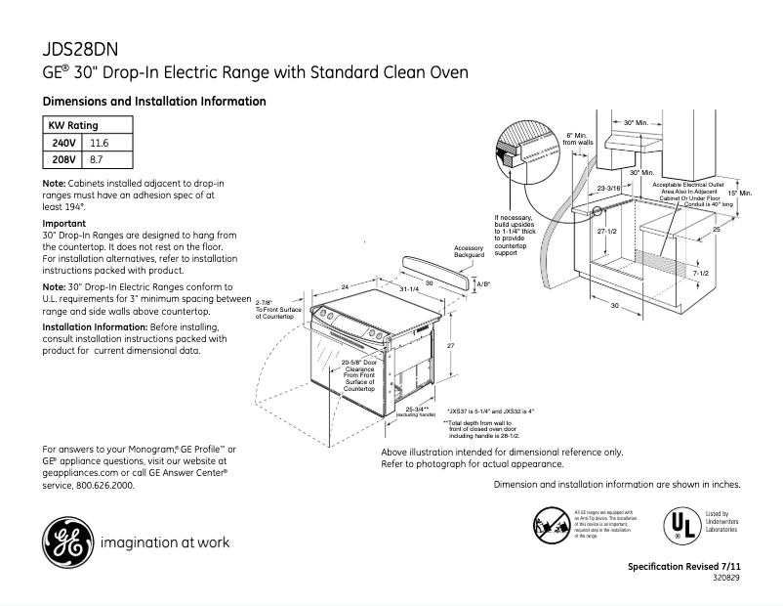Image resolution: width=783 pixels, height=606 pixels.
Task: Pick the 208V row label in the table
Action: coord(64,158)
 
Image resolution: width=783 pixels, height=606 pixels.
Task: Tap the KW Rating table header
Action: coord(73,126)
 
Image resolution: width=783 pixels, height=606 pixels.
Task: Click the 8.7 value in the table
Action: coord(97,158)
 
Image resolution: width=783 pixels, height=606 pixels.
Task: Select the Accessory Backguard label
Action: coord(470,250)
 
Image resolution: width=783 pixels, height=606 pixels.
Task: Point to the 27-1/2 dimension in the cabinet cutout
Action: coord(606,231)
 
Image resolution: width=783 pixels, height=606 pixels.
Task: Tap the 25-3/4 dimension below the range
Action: coord(418,409)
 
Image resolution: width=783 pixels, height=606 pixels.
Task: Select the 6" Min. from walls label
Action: coord(579,139)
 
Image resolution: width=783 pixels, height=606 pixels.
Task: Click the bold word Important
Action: coord(64,224)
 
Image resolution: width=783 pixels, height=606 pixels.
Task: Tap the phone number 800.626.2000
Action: coord(103,485)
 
